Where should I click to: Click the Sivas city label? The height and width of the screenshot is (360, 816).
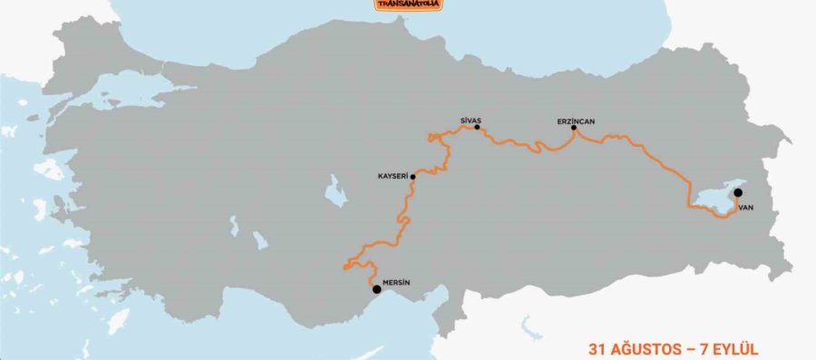coord(470,119)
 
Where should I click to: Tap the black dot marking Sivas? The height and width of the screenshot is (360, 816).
coord(477,128)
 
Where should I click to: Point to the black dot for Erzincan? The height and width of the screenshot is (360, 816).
coord(574,129)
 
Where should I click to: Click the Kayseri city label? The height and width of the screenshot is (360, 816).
coord(393,176)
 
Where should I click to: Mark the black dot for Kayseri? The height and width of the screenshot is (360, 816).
coord(413,176)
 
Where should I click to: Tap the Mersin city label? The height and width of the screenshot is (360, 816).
coord(396,282)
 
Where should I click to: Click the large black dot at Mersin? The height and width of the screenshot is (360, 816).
coord(377,290)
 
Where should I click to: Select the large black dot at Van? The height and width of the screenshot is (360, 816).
coord(739,192)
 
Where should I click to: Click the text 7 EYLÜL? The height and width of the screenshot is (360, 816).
coord(726,348)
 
